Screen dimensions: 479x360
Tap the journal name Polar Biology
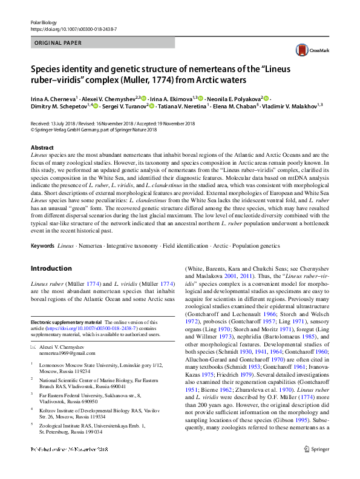tap(44, 22)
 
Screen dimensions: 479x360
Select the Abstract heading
tap(42, 148)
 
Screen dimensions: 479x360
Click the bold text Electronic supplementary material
tap(66, 323)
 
